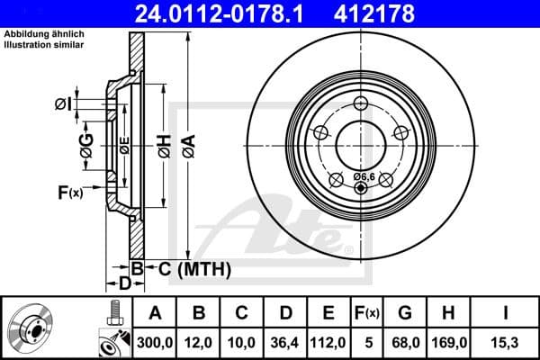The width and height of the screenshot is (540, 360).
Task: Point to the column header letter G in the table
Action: pyautogui.click(x=407, y=312)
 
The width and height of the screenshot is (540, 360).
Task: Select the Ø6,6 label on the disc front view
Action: pyautogui.click(x=364, y=176)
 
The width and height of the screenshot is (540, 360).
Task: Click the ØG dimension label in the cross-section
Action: pyautogui.click(x=86, y=151)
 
